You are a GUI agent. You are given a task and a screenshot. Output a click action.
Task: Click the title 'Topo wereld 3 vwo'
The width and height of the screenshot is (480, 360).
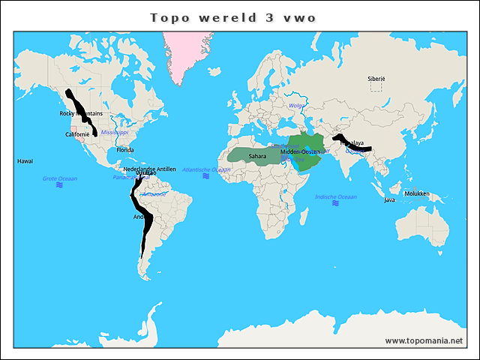point(232,17)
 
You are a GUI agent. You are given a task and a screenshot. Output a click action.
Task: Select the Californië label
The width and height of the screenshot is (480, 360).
point(77,134)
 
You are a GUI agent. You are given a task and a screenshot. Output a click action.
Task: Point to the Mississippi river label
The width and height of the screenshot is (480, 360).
point(115,132)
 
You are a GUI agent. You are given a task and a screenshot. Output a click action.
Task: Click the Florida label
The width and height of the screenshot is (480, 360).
point(125,150)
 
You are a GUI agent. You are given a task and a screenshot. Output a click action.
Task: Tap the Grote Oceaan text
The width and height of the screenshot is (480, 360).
point(59,178)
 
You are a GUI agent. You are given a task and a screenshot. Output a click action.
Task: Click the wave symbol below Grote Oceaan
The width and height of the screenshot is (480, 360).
point(59,185)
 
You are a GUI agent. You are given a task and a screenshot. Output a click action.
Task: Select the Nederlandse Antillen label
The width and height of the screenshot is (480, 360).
point(149,169)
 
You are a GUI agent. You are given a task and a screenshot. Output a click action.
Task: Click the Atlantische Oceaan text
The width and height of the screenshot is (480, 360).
point(206,169)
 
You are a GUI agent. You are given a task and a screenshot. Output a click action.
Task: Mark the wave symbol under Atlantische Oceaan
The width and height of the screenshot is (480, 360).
point(206,176)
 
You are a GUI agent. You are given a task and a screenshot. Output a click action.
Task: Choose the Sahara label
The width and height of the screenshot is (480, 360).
point(257,156)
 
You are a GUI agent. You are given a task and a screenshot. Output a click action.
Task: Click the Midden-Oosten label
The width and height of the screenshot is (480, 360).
point(300,152)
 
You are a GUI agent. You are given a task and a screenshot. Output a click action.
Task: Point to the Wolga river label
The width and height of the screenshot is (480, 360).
point(297,106)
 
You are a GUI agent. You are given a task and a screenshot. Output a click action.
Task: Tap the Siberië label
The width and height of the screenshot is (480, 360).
point(376,78)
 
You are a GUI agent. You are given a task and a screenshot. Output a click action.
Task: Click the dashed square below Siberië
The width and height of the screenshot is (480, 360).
point(376,87)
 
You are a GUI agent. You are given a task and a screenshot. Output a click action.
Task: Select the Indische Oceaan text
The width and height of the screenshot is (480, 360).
point(336,196)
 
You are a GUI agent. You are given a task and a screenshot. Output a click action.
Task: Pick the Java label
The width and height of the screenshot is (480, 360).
point(389,200)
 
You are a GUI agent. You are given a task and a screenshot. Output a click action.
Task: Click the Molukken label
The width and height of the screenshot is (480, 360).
point(416,193)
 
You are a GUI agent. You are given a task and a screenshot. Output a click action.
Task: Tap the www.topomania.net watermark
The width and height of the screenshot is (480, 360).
point(424,340)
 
